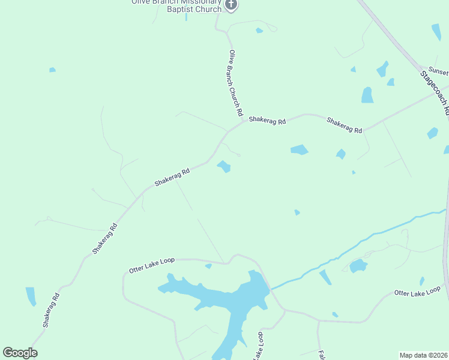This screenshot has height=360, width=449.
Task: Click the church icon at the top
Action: [231, 5]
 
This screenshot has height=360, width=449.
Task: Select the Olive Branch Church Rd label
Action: [235, 83]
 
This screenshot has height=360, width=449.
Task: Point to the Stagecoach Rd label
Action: [435, 93]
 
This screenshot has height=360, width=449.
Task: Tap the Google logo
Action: [20, 353]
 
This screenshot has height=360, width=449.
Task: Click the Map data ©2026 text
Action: [423, 355]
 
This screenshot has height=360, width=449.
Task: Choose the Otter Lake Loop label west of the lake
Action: [151, 265]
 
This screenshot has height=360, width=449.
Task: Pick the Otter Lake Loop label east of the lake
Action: [417, 292]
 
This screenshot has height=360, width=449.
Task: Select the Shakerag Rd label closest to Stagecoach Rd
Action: [345, 125]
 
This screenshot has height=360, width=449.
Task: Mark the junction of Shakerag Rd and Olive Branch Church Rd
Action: [243, 122]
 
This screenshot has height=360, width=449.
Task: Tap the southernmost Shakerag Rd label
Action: [51, 310]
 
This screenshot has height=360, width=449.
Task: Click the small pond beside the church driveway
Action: [259, 30]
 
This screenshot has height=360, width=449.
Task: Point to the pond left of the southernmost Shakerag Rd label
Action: [31, 296]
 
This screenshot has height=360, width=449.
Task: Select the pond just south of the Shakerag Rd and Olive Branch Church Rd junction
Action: [224, 166]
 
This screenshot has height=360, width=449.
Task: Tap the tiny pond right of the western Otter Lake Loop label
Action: [208, 266]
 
